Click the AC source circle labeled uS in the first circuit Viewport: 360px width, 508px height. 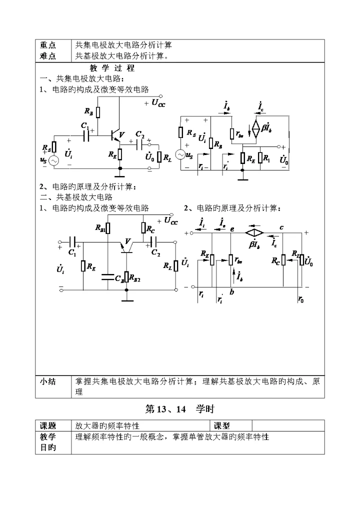click(52, 160)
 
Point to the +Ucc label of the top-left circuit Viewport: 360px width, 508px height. click(155, 103)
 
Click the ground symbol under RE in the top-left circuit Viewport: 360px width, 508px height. click(119, 175)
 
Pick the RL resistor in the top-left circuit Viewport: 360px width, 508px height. click(159, 157)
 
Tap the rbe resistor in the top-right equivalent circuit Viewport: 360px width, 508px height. click(231, 134)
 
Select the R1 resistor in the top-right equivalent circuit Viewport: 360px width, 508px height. click(260, 158)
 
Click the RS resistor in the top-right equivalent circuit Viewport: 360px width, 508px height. click(180, 132)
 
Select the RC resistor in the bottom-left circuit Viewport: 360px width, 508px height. click(143, 229)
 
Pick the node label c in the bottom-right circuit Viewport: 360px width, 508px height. click(282, 227)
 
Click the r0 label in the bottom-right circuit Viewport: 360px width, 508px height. click(300, 299)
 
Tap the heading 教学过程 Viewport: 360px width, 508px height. click(112, 68)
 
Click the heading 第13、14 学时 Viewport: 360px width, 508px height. click(179, 409)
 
